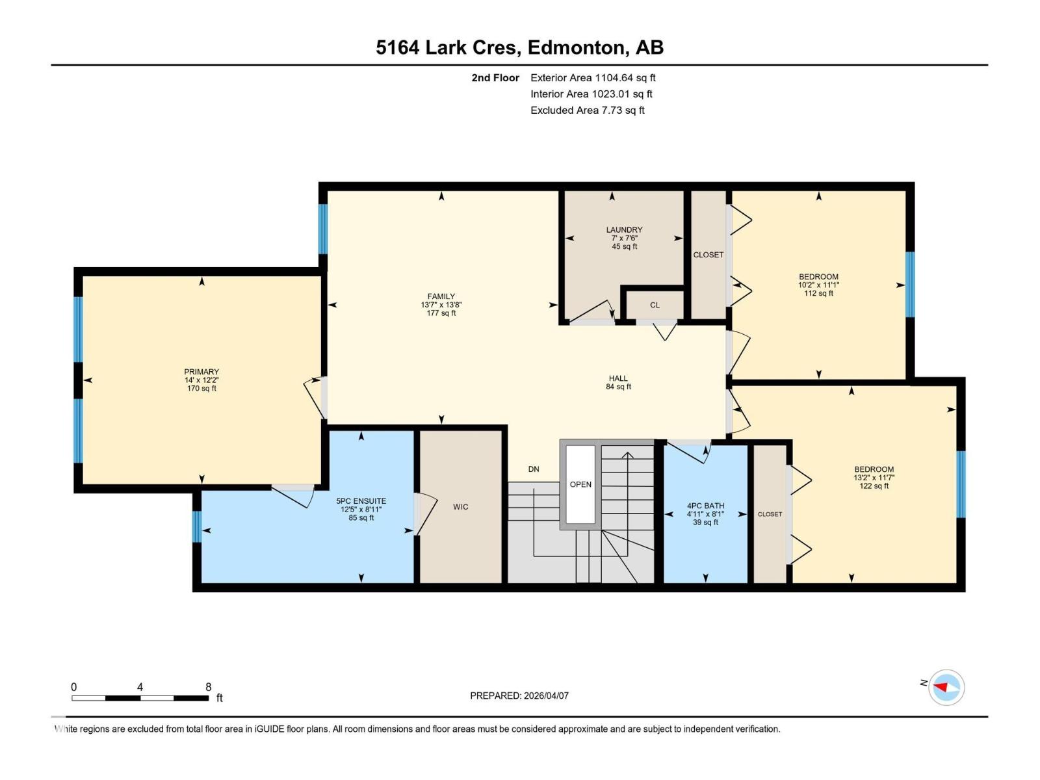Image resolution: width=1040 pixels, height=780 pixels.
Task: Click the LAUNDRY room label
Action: [624, 229]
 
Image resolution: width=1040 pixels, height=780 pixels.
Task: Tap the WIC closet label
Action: [461, 507]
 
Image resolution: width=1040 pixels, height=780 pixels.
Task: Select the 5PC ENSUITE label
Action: [361, 501]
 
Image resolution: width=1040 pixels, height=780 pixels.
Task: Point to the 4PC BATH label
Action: [705, 506]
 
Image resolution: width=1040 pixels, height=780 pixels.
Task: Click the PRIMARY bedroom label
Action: [201, 372]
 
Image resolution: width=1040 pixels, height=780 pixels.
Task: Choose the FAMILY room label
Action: [441, 296]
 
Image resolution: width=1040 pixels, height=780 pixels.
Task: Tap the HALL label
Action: [618, 378]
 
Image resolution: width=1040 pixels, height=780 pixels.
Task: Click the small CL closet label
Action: [655, 305]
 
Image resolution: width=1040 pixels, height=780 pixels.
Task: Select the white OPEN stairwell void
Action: [580, 484]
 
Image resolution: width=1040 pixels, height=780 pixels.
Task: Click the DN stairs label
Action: [534, 469]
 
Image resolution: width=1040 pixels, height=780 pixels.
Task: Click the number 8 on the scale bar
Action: [208, 686]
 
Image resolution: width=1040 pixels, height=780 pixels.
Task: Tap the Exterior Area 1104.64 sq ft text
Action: [593, 77]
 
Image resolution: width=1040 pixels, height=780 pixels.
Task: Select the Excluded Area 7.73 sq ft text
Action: [588, 110]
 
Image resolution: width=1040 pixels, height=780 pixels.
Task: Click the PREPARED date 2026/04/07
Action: [546, 695]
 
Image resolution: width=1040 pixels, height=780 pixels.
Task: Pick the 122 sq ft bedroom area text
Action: [874, 486]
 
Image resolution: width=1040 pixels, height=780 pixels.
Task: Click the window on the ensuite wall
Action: [197, 526]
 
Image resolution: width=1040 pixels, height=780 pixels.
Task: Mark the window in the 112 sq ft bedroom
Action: [910, 285]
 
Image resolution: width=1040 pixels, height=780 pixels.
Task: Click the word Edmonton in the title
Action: [576, 47]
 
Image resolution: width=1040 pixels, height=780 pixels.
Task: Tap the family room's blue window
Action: [323, 229]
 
